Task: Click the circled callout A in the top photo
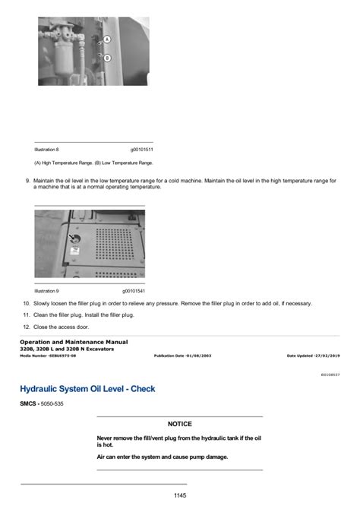pyautogui.click(x=106, y=39)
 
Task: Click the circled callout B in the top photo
pyautogui.click(x=106, y=58)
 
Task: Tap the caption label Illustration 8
pyautogui.click(x=46, y=150)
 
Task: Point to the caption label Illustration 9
pyautogui.click(x=46, y=291)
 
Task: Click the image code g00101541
pyautogui.click(x=134, y=291)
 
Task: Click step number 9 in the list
pyautogui.click(x=27, y=180)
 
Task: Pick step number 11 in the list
pyautogui.click(x=27, y=315)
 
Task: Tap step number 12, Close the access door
pyautogui.click(x=27, y=327)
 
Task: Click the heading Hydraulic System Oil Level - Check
pyautogui.click(x=87, y=389)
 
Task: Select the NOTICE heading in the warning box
pyautogui.click(x=179, y=424)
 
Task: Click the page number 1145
pyautogui.click(x=179, y=495)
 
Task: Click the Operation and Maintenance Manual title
pyautogui.click(x=74, y=342)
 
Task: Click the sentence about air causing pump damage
pyautogui.click(x=162, y=457)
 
